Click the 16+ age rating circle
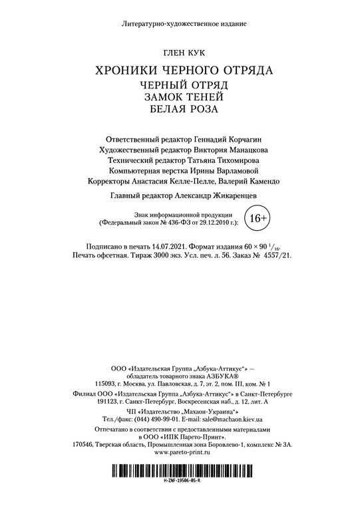(258, 217)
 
